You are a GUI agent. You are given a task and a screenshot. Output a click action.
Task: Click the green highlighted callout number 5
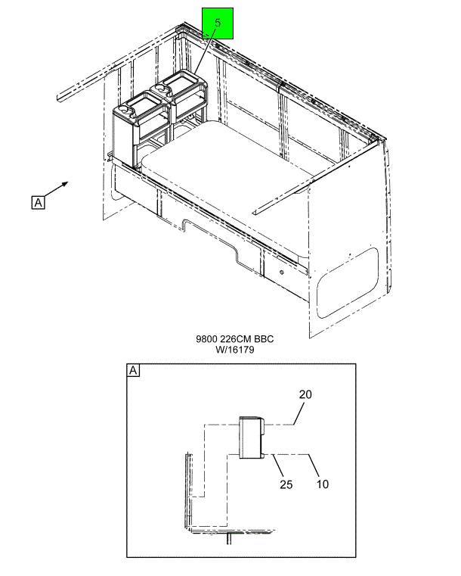[218, 23]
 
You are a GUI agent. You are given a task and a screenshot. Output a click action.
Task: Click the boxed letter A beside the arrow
[38, 202]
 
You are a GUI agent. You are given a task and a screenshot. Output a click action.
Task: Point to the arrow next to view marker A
[57, 189]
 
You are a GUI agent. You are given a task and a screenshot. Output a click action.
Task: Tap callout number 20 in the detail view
[305, 394]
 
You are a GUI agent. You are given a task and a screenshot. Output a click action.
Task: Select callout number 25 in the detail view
[286, 484]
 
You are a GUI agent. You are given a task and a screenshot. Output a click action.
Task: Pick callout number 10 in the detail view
[323, 484]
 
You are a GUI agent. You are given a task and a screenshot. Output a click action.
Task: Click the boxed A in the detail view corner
[133, 370]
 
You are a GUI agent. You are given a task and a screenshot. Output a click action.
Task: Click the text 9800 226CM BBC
[235, 338]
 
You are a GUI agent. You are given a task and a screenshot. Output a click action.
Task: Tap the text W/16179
[235, 350]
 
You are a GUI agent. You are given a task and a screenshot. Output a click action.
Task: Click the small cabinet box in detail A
[252, 437]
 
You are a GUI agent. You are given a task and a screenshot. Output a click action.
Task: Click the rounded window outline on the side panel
[348, 282]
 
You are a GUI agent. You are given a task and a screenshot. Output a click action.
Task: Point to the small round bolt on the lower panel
[282, 272]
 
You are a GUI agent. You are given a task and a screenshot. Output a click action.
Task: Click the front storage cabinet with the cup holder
[141, 129]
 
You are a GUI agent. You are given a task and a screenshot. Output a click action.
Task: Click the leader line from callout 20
[299, 414]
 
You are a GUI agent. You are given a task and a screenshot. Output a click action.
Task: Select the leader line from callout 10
[314, 465]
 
